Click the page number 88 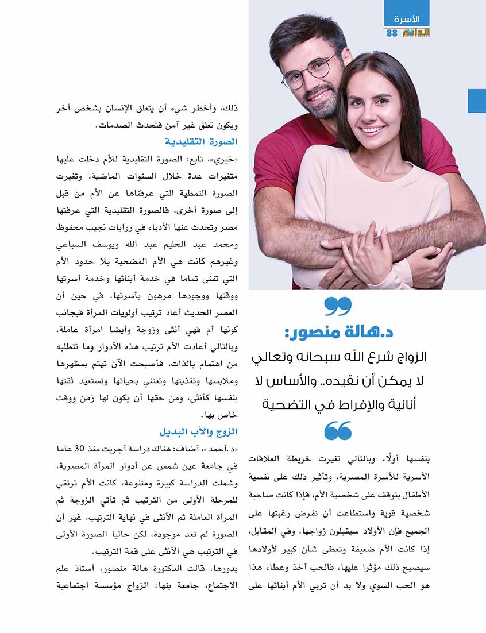392,33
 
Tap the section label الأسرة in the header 407,19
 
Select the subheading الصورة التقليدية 201,141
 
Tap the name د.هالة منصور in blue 338,332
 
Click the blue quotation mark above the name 338,305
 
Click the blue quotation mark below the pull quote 338,430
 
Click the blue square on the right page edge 477,101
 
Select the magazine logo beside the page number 414,33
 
